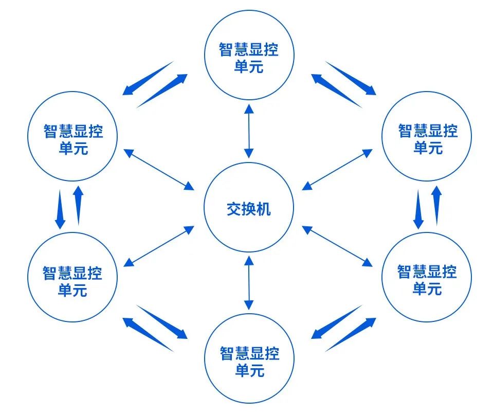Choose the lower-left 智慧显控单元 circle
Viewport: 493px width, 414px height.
click(72, 278)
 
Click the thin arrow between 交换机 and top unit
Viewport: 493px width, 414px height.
click(249, 131)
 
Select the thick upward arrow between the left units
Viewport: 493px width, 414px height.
click(78, 206)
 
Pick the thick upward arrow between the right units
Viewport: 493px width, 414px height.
click(436, 206)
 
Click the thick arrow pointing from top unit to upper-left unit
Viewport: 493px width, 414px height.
click(149, 78)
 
